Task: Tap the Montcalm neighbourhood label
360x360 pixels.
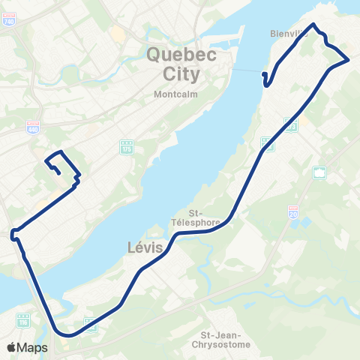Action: pos(173,95)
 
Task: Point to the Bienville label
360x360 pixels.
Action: pos(289,34)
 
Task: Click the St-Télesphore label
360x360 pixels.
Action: pos(204,217)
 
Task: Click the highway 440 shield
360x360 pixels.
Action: pos(32,128)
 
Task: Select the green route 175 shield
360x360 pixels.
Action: pos(127,147)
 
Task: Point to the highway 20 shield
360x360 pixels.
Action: pos(293,211)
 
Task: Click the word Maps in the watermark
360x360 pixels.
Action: pos(34,347)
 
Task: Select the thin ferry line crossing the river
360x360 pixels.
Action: pos(247,70)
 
